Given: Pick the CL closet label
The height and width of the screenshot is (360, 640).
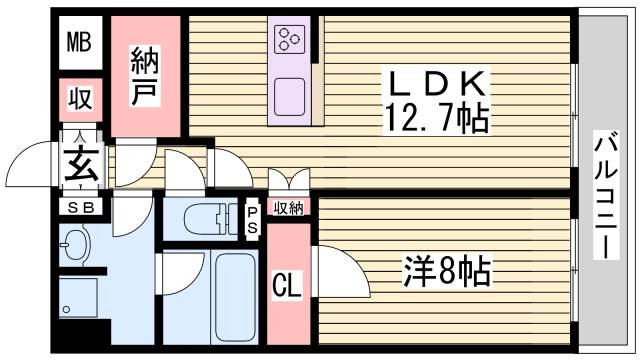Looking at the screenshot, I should tap(288, 285).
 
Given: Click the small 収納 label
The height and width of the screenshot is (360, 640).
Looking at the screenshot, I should tap(288, 208).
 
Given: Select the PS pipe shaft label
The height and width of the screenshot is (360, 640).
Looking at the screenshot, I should tap(252, 220).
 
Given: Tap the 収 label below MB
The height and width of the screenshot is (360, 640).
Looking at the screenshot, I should tap(80, 100).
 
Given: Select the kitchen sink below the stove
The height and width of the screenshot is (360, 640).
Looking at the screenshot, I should tap(290, 93).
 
